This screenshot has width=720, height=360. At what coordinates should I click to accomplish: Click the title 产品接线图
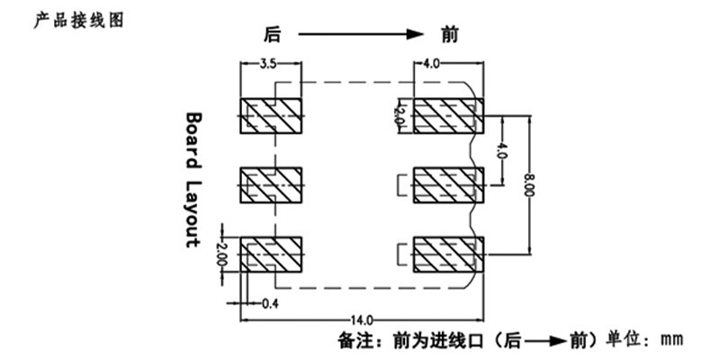tap(79, 20)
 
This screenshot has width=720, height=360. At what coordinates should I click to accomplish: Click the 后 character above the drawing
tap(272, 34)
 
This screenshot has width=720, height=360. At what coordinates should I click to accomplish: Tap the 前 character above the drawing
tap(450, 34)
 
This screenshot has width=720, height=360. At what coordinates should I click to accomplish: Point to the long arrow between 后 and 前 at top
tap(361, 34)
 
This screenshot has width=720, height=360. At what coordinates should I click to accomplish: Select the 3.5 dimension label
tap(267, 64)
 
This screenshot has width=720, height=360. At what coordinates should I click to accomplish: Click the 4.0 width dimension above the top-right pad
tap(432, 64)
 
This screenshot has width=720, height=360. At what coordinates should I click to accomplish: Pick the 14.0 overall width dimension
tap(362, 319)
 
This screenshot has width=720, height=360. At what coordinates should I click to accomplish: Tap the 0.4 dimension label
tap(271, 303)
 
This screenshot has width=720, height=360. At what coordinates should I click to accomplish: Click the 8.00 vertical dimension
tap(529, 185)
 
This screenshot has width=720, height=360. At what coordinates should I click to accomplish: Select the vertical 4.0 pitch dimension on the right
tap(502, 150)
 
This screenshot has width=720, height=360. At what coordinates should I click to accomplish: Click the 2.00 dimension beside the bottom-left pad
tap(221, 254)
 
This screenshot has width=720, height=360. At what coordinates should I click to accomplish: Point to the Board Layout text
tap(193, 181)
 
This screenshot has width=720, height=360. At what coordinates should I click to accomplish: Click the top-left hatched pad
tap(271, 116)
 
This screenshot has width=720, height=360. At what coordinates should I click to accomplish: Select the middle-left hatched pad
tap(271, 185)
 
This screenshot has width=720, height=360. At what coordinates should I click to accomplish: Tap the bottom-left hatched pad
tap(271, 255)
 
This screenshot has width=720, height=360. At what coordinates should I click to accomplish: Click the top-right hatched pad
tap(448, 116)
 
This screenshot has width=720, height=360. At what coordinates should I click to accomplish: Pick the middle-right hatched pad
tap(448, 185)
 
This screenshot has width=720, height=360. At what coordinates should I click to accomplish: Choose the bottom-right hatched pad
tap(448, 255)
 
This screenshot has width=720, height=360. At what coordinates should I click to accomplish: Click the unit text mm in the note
tap(671, 341)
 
